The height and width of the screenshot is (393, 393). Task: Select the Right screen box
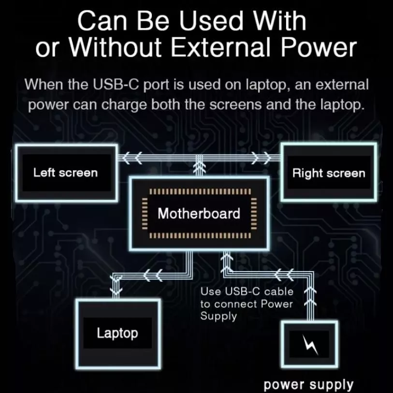click(x=329, y=173)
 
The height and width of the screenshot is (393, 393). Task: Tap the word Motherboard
click(x=199, y=213)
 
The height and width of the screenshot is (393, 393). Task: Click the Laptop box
click(x=117, y=333)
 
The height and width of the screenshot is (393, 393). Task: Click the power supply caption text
click(x=308, y=385)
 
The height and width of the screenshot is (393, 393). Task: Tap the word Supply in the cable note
click(x=218, y=316)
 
